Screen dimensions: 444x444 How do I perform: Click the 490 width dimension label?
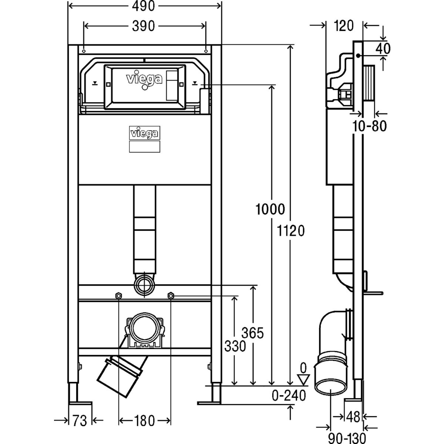click(145, 6)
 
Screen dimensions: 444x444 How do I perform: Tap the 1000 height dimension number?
click(270, 210)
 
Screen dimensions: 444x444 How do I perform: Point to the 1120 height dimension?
click(291, 231)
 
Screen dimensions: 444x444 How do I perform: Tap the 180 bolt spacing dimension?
click(144, 420)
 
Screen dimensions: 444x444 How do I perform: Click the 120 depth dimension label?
click(344, 26)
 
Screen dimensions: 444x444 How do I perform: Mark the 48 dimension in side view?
click(354, 417)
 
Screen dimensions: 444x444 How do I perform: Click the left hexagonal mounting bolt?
click(119, 296)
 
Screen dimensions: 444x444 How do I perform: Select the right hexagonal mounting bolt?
click(171, 296)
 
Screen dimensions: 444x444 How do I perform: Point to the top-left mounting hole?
click(84, 51)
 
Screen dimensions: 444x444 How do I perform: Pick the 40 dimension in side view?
click(383, 48)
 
